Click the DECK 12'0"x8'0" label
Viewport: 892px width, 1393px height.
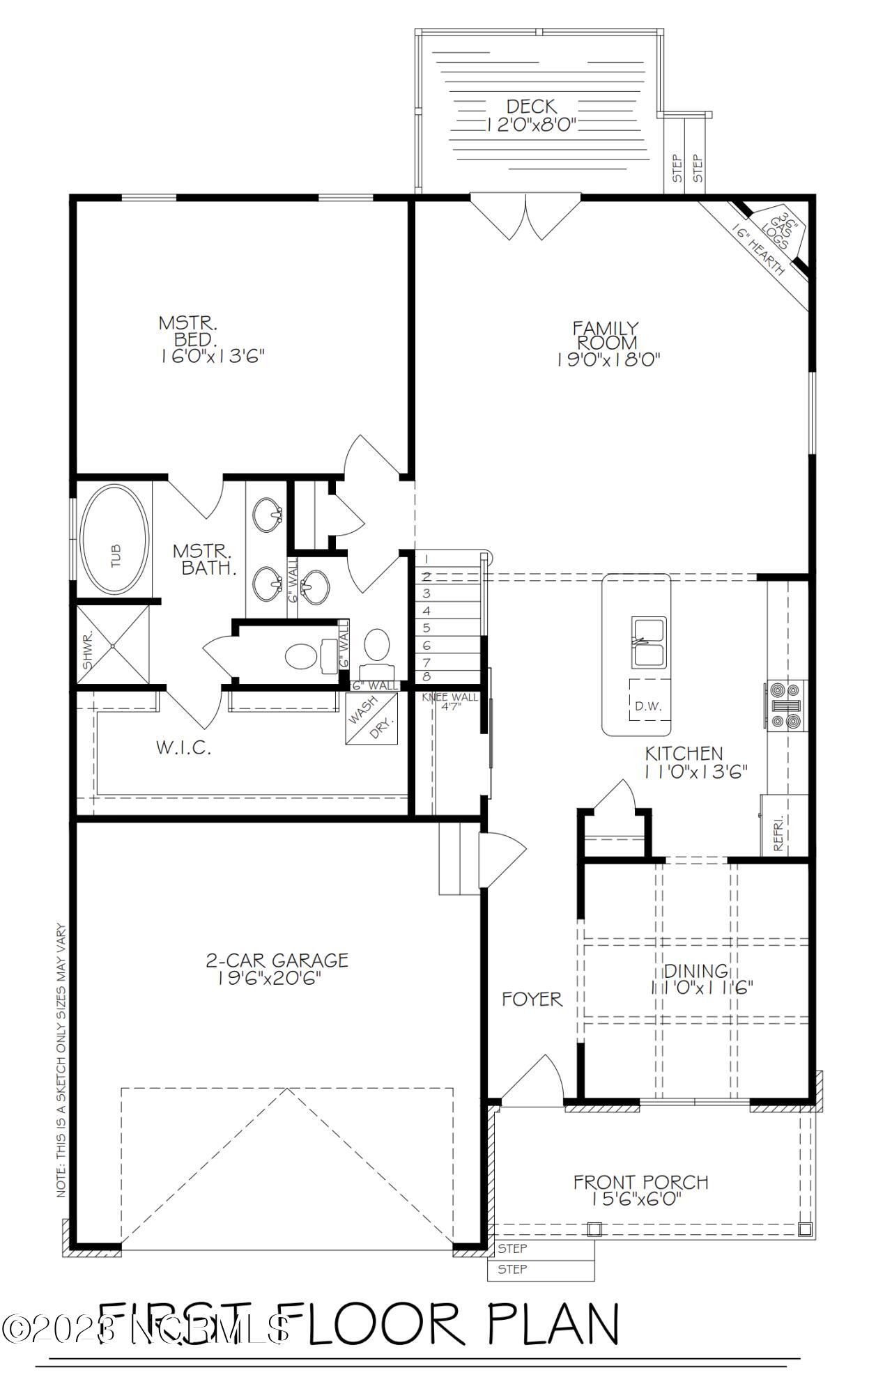(x=532, y=116)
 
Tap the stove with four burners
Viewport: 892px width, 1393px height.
(x=785, y=705)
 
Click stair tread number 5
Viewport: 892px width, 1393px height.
(x=426, y=628)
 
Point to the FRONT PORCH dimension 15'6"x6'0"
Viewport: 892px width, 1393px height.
(x=640, y=1199)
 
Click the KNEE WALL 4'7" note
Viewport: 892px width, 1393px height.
(x=450, y=701)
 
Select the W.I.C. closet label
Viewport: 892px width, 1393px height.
(x=183, y=749)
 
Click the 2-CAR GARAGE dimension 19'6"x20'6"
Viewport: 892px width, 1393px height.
(x=277, y=978)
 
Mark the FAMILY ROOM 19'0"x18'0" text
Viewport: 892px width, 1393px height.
(x=607, y=344)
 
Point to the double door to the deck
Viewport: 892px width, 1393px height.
(x=525, y=216)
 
